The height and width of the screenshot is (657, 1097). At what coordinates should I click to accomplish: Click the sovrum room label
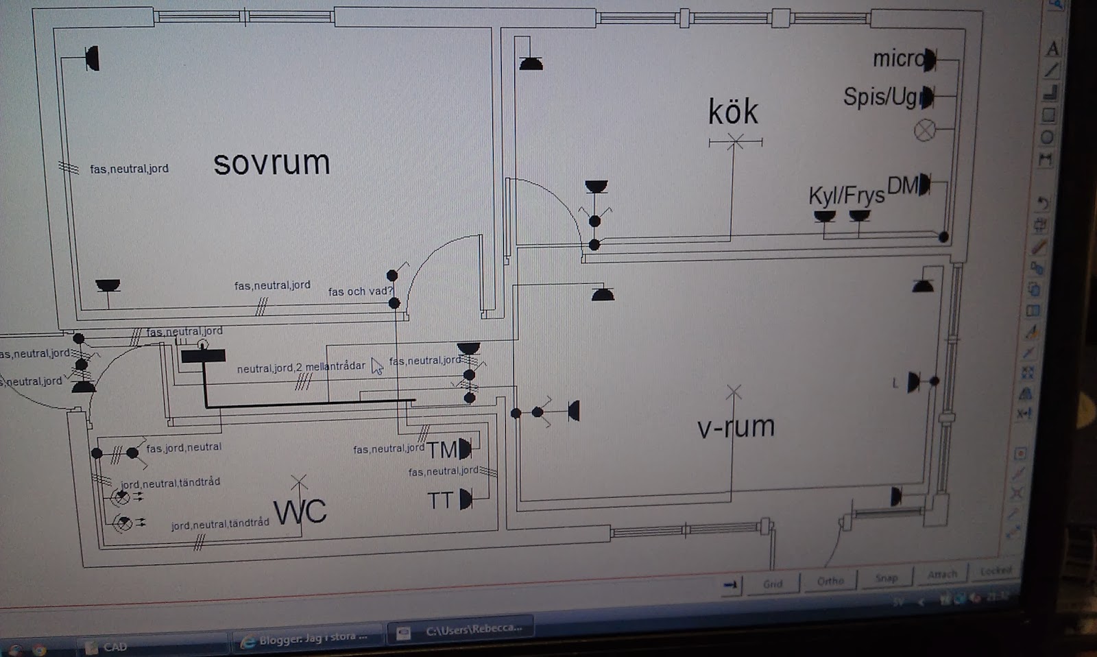(x=272, y=163)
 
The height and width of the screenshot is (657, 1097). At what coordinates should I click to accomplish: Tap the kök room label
(x=733, y=112)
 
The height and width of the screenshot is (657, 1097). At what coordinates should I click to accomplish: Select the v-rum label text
(x=736, y=427)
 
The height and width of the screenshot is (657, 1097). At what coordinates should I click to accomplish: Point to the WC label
(x=300, y=512)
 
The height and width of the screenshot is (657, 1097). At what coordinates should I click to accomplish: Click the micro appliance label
(x=897, y=60)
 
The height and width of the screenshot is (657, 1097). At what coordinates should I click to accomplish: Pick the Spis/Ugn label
(x=882, y=97)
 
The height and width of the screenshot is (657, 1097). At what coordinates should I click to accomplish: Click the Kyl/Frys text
(x=846, y=196)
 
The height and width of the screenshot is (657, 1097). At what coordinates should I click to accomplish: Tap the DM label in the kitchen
(x=903, y=185)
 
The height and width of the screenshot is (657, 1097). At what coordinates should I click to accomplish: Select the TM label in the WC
(x=442, y=451)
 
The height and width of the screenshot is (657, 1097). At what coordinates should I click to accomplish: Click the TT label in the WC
(x=441, y=501)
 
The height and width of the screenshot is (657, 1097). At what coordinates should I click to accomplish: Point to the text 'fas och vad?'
(x=360, y=291)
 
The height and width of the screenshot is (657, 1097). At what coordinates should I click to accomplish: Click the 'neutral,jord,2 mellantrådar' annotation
(x=301, y=368)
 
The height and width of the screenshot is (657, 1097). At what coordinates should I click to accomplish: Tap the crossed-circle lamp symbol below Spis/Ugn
(x=925, y=130)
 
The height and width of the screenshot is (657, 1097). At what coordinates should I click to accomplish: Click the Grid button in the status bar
(x=773, y=584)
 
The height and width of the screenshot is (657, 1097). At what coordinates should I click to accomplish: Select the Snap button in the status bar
(x=886, y=579)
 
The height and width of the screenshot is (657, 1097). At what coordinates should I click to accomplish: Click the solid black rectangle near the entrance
(x=203, y=356)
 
